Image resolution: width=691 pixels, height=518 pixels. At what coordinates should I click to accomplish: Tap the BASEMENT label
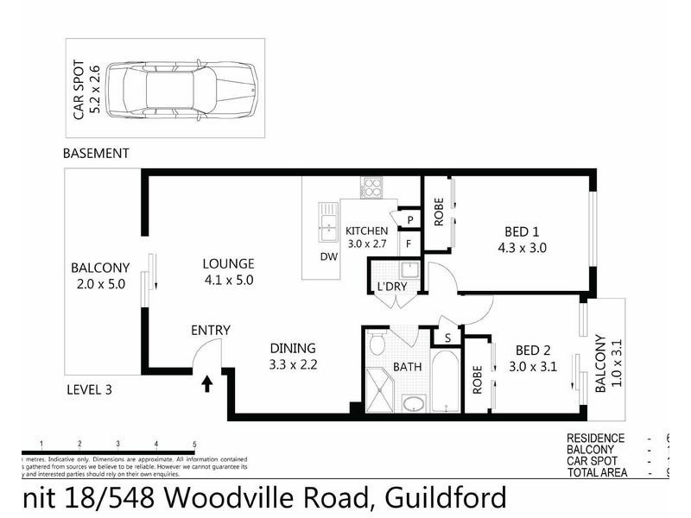click(96, 153)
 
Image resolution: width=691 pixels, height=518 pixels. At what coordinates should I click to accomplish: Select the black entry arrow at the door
click(207, 383)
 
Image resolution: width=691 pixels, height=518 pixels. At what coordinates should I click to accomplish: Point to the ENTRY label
click(211, 330)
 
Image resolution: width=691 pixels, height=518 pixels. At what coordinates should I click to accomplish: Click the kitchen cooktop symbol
click(372, 187)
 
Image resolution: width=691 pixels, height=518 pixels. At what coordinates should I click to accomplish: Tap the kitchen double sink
click(328, 223)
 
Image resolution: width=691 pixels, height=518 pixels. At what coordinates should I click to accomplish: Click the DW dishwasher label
click(328, 256)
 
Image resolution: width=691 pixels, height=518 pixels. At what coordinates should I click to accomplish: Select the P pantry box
click(410, 220)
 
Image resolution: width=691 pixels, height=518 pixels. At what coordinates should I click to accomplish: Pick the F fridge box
click(410, 245)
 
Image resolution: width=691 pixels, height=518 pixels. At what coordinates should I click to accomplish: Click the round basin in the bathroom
click(415, 403)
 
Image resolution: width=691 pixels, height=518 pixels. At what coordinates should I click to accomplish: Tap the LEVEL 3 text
click(90, 389)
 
